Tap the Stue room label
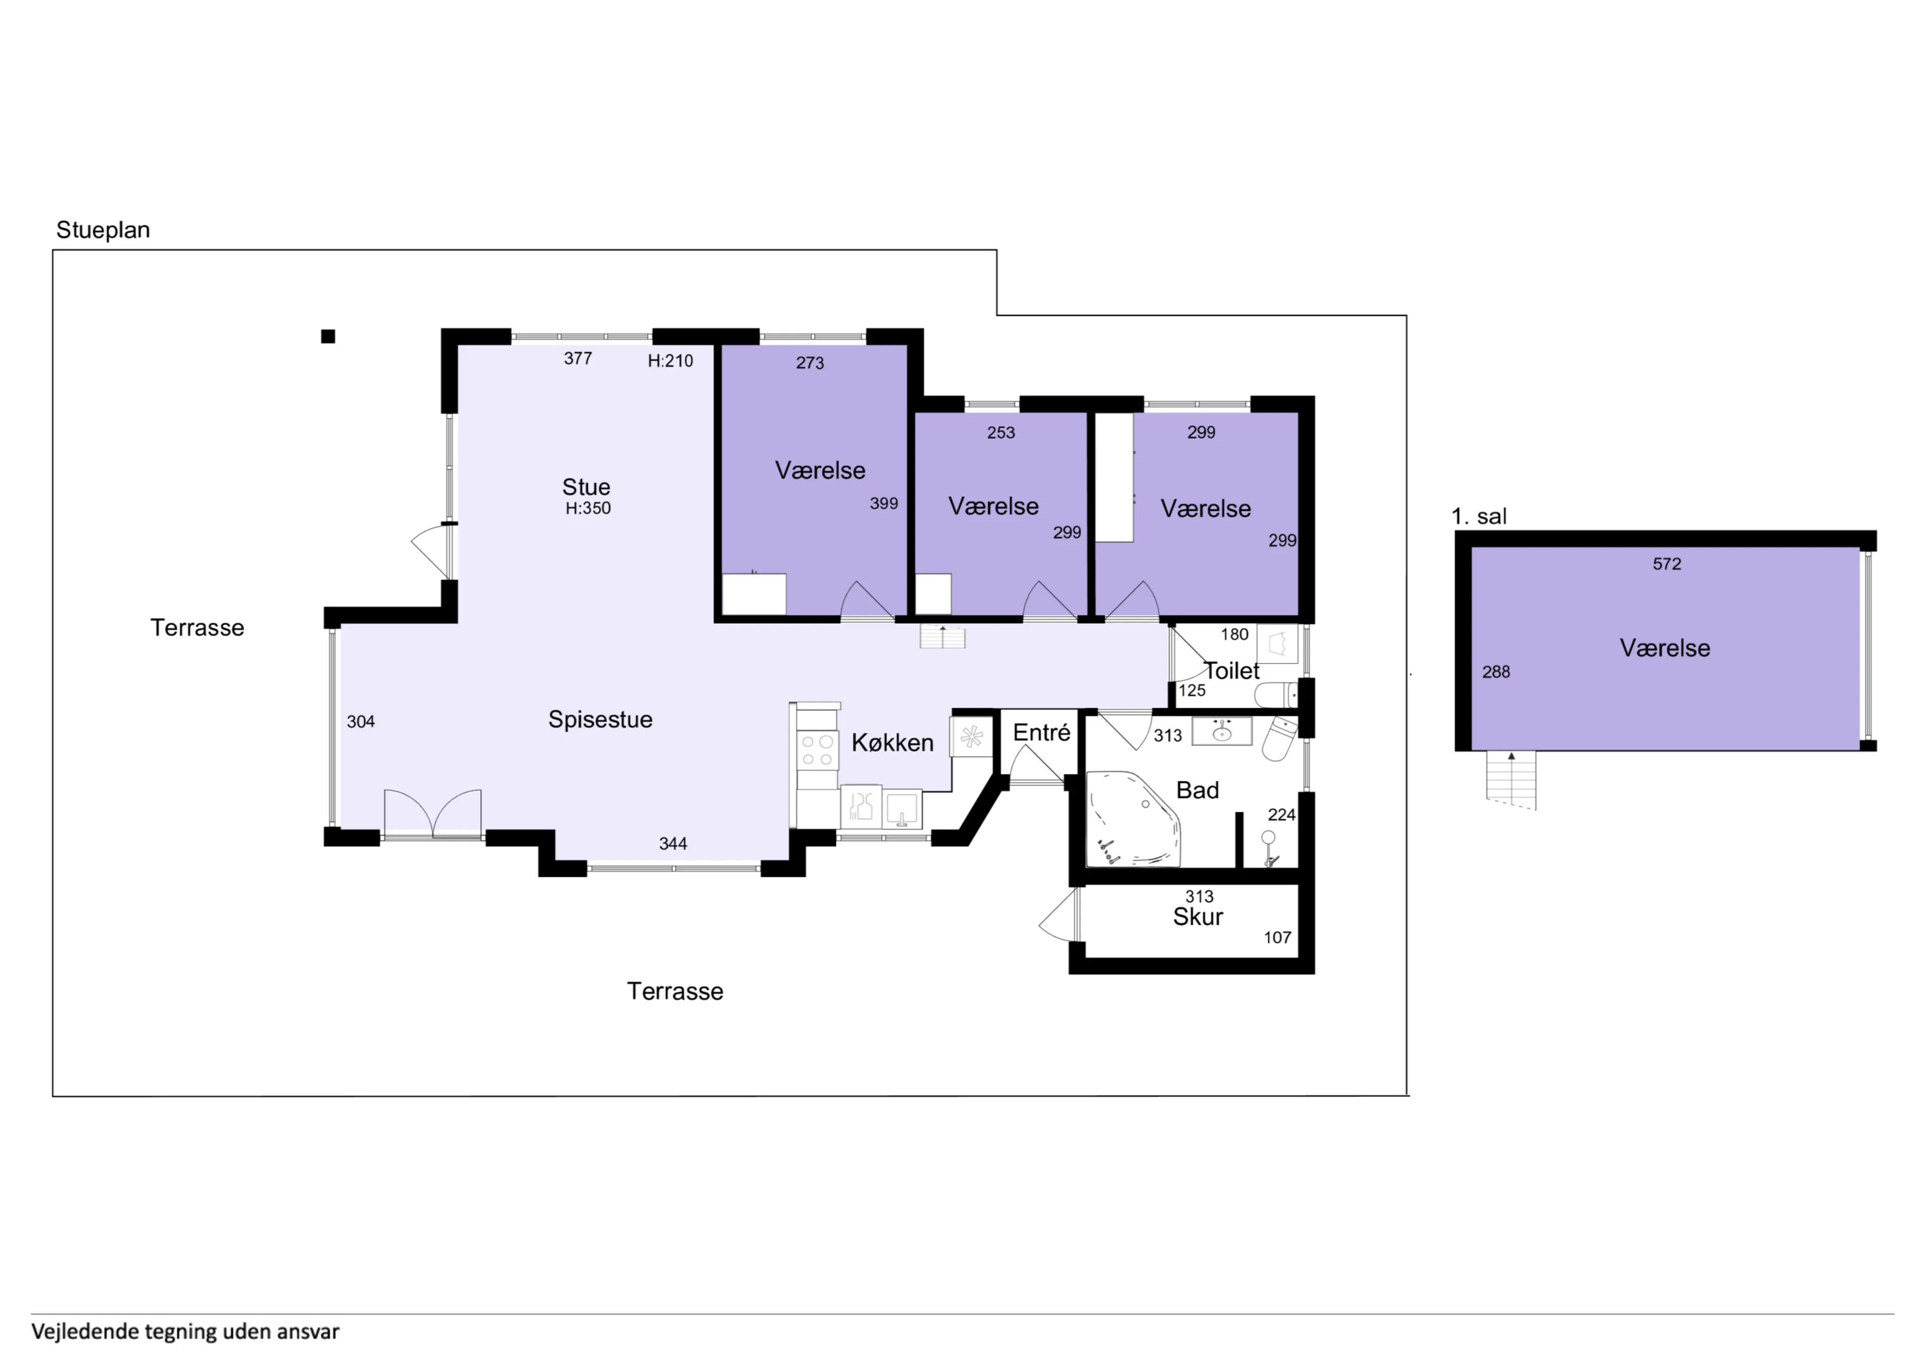586,487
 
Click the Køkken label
892,742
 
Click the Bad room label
1197,790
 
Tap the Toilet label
1232,671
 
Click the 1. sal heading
1479,517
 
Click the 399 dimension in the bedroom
884,503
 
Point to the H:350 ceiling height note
588,508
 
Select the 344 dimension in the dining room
673,843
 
